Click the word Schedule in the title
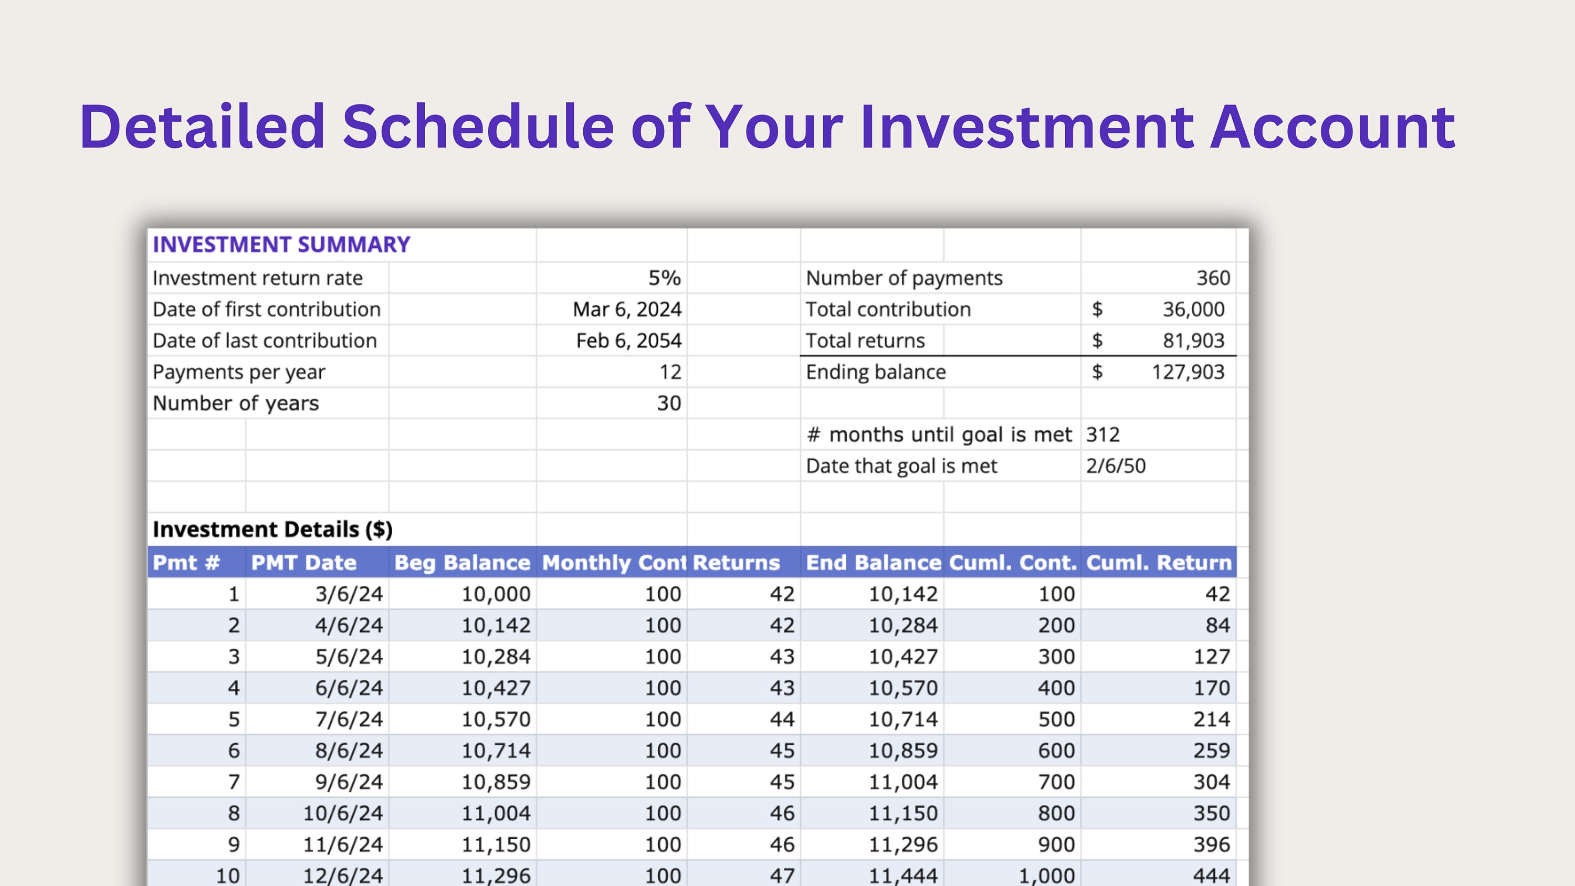(478, 127)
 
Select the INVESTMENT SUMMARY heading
(281, 245)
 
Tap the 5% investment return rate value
(664, 278)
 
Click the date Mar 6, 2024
(627, 309)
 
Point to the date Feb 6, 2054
(628, 341)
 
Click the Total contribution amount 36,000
(1193, 309)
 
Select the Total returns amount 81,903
(1193, 341)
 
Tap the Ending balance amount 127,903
(1188, 372)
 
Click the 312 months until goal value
(1103, 435)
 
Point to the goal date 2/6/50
(1116, 466)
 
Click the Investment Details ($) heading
(272, 530)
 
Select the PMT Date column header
(304, 563)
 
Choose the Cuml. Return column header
(1159, 563)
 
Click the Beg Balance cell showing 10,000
(496, 594)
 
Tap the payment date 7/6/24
(349, 719)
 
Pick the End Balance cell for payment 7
(903, 782)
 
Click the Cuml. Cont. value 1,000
(1046, 876)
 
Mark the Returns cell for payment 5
(782, 719)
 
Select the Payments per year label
(239, 372)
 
